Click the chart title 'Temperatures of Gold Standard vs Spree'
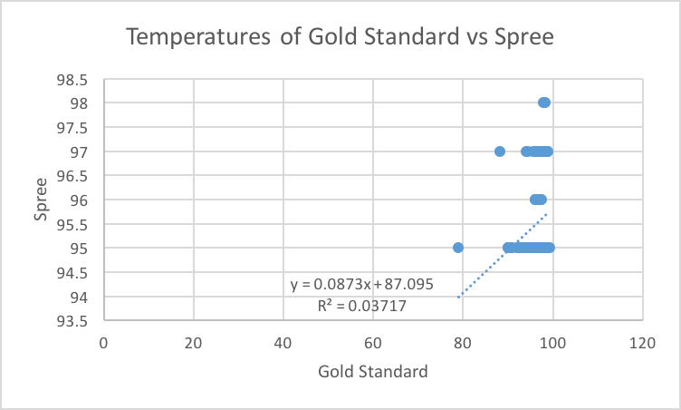340,37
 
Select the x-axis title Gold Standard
373,372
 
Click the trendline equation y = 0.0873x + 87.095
361,284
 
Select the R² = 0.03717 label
361,306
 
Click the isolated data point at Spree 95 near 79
458,248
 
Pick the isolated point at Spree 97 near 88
500,151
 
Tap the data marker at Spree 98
543,102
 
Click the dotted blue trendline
503,255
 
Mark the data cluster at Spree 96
538,200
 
